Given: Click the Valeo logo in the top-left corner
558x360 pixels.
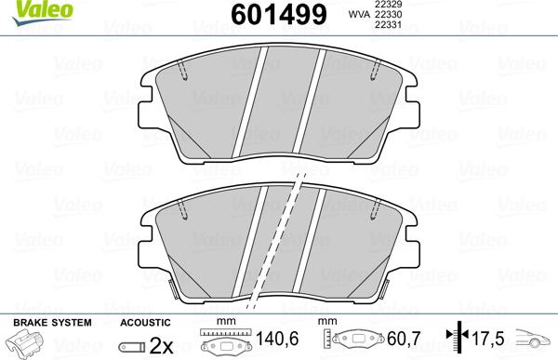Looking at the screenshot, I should (26, 9).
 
